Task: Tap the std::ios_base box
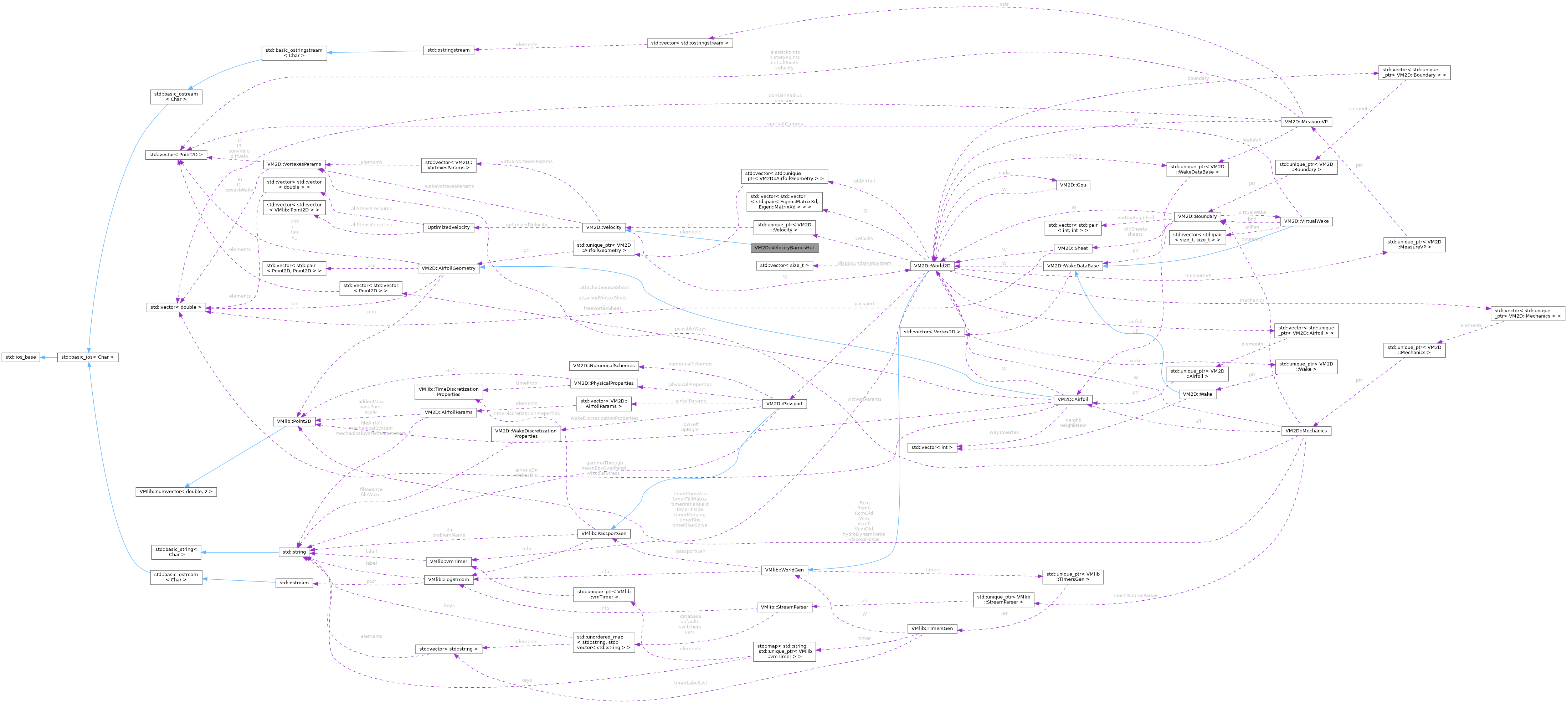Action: (21, 357)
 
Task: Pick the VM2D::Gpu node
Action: (1073, 185)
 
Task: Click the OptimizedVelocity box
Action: (448, 227)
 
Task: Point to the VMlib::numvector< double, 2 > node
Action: (176, 491)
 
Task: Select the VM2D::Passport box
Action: (784, 404)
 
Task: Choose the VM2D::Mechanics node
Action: (1305, 431)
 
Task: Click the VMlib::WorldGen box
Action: (785, 570)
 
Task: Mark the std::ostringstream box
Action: (448, 50)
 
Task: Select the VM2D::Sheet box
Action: (1073, 248)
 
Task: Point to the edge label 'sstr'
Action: (1003, 4)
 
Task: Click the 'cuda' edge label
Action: (1004, 173)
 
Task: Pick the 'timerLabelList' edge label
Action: (690, 683)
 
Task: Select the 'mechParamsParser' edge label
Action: (1135, 595)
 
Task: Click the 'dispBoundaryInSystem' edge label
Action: (864, 263)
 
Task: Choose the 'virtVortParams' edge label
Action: (864, 399)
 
